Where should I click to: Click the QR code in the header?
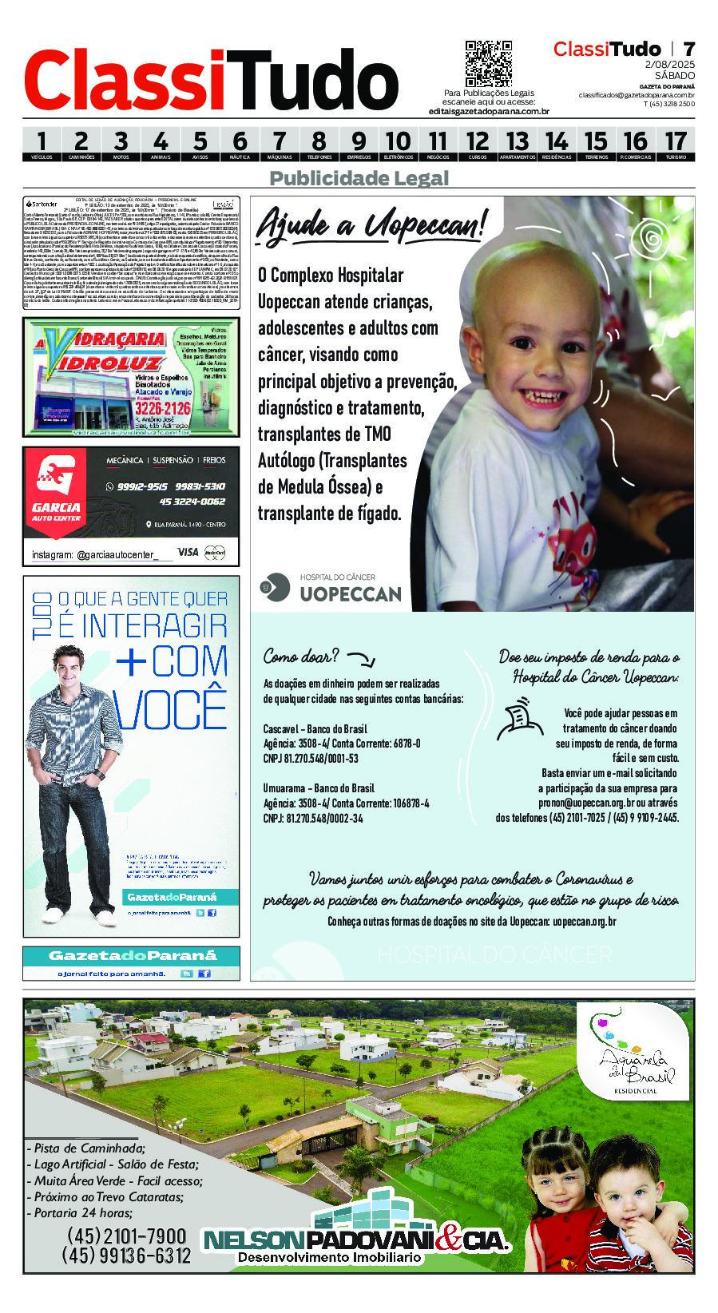click(x=488, y=63)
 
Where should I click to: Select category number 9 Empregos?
click(x=359, y=144)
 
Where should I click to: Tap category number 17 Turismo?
click(x=676, y=144)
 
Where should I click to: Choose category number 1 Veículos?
click(x=42, y=144)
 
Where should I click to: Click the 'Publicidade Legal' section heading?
click(x=359, y=178)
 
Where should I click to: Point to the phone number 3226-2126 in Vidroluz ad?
click(x=162, y=408)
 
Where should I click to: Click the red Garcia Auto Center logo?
click(x=56, y=486)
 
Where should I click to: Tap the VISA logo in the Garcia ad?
click(x=188, y=552)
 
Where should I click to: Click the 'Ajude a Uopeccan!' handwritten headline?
click(x=371, y=224)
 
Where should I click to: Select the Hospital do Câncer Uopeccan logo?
click(x=331, y=588)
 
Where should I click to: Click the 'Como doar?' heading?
click(x=301, y=656)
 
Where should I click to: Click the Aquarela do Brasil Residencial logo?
click(x=632, y=1052)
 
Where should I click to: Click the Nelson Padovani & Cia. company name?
click(x=356, y=1240)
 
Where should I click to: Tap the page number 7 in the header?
click(x=688, y=50)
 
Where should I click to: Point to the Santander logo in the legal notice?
click(x=42, y=204)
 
